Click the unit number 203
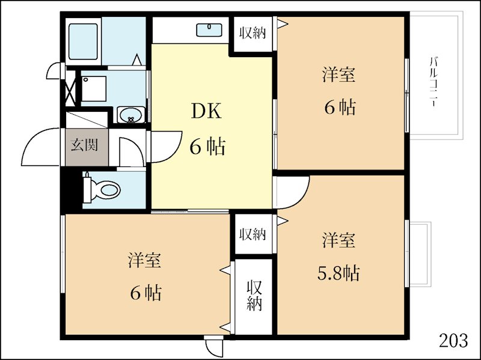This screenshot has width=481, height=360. point(453,341)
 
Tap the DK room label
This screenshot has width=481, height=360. point(206,111)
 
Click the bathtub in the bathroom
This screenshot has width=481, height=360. point(84,41)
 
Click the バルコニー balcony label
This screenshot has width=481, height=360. point(432,81)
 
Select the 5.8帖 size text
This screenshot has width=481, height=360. point(338,273)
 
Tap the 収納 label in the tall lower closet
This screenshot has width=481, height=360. point(254,295)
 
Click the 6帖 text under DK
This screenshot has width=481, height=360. point(207,146)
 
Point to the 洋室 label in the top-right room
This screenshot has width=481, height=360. point(338,76)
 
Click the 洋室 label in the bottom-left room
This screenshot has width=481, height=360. point(144,261)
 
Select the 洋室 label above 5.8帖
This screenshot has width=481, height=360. point(338,240)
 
